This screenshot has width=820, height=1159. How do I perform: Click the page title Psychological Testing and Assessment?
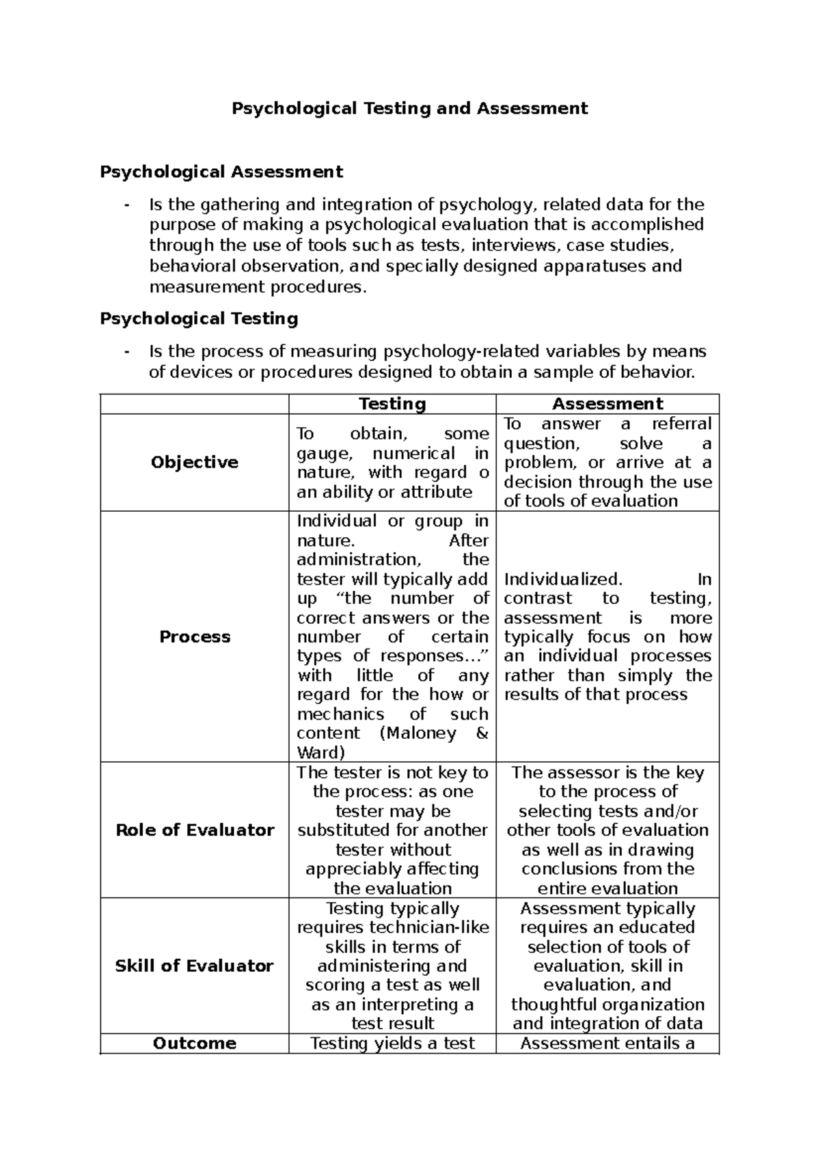409,108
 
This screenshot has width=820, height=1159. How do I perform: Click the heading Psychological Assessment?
221,172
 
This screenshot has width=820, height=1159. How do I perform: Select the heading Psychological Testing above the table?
199,318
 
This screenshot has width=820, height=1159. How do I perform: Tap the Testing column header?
392,404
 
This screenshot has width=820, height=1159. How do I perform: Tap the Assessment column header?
607,404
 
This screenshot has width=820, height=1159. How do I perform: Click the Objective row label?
194,463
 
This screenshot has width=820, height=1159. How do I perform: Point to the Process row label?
194,637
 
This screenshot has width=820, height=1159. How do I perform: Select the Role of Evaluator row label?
194,830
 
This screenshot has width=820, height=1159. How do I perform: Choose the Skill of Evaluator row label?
194,966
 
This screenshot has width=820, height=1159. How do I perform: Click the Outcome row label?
194,1044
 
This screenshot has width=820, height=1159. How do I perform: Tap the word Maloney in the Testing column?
416,734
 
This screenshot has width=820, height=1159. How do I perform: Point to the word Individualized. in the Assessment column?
563,579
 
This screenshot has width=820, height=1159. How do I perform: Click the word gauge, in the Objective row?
323,454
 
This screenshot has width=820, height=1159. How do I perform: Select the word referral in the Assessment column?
681,424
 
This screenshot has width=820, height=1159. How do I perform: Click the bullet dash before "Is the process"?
126,352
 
